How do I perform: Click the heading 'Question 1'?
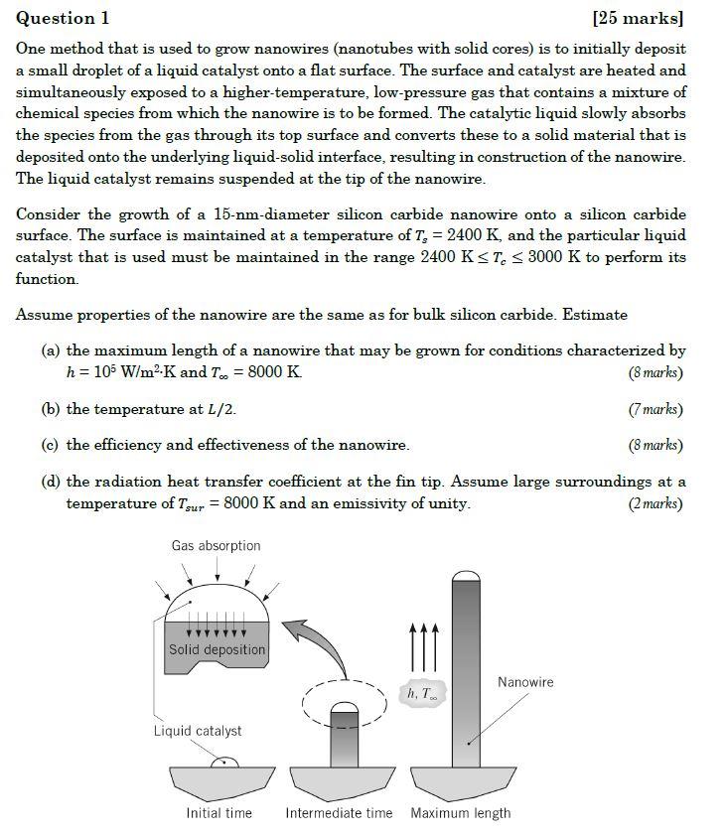click(63, 18)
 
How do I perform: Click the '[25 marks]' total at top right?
click(638, 18)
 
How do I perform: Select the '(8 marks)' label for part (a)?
click(655, 373)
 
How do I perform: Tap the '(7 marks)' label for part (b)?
click(655, 409)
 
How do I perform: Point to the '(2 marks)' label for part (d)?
click(655, 503)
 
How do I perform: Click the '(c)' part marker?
click(51, 445)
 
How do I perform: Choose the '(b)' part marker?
click(51, 409)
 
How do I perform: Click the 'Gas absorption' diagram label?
click(216, 546)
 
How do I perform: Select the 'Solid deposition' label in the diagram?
click(217, 650)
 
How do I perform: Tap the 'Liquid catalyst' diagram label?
click(197, 731)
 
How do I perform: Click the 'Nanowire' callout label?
click(525, 682)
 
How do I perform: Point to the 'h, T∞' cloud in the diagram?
click(421, 694)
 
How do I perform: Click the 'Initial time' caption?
click(218, 813)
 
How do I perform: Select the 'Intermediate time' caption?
click(339, 813)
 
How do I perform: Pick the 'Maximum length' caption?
click(460, 813)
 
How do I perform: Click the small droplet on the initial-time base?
click(225, 762)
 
